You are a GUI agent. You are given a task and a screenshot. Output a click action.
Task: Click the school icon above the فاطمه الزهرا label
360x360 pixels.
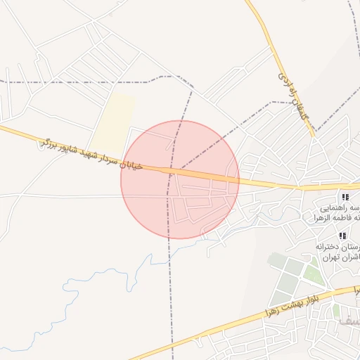tap(345, 197)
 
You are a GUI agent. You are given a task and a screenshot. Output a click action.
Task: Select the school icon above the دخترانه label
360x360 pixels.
tap(342, 236)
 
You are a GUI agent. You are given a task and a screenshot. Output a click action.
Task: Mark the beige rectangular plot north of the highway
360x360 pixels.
tap(112, 120)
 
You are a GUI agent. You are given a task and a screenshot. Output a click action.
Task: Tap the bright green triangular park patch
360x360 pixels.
tap(315, 276)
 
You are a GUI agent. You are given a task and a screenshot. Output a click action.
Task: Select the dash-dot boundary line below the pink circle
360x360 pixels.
tap(169, 295)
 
